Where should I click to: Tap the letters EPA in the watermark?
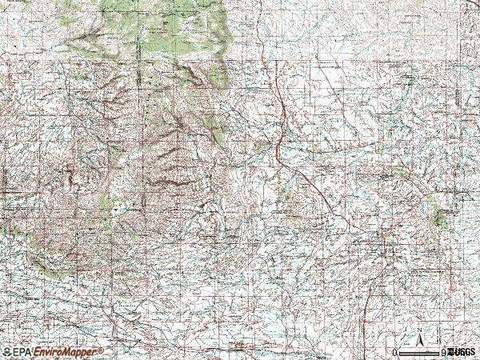[x=20, y=352]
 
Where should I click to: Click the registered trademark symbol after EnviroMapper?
[x=102, y=350]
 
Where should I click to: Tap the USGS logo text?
[x=462, y=352]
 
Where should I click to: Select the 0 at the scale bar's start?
[x=394, y=352]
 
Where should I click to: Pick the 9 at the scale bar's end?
[x=445, y=352]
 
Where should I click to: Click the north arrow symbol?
[x=419, y=338]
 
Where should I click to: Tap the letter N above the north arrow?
[x=419, y=329]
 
